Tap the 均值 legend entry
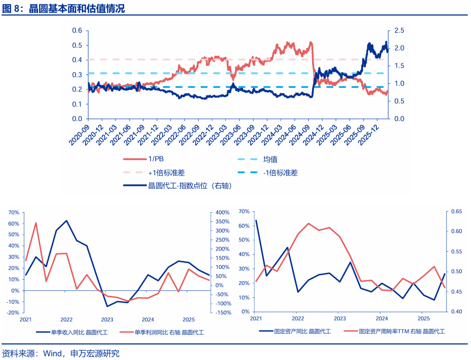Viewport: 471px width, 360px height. [x=270, y=159]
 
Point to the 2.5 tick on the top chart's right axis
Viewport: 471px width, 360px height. [x=399, y=31]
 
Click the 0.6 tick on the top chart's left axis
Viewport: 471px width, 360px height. [x=77, y=31]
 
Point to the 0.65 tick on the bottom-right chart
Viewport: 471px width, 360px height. [x=457, y=212]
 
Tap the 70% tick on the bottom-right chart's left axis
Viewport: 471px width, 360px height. [x=243, y=212]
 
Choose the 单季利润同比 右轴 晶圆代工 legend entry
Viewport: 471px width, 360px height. [x=169, y=332]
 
